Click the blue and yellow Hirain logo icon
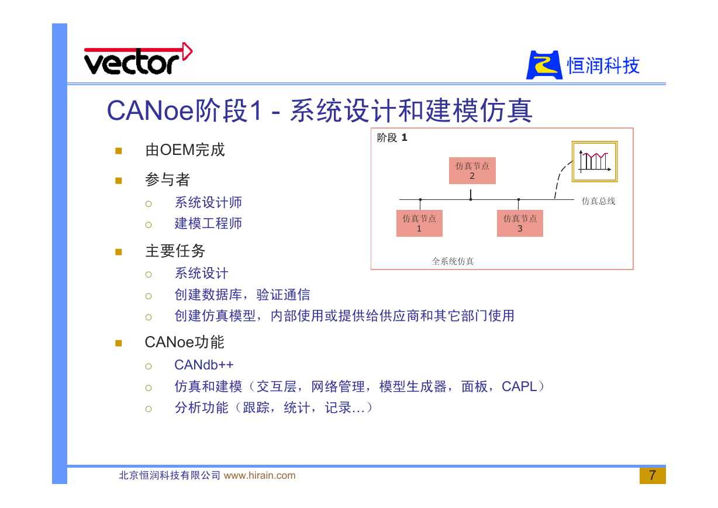point(544,65)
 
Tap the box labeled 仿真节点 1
point(419,223)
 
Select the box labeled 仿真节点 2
point(472,171)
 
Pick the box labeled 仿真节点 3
point(520,223)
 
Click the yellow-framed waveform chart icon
point(595,161)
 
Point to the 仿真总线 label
point(599,201)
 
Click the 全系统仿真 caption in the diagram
point(453,261)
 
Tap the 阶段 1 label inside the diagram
point(392,137)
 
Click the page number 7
point(653,475)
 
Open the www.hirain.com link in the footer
point(260,475)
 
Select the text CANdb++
point(204,365)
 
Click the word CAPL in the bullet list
point(519,386)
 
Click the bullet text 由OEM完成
point(185,150)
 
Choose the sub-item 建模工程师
point(208,223)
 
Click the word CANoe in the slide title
point(150,110)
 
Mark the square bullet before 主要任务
point(119,252)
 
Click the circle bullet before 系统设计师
point(149,204)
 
